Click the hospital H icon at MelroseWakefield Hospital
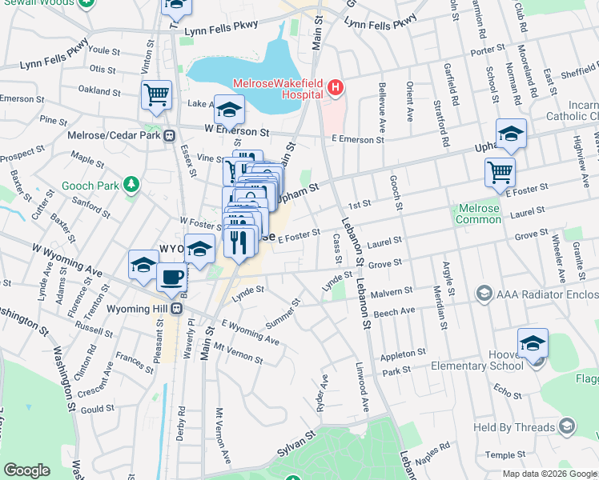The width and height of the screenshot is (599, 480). pyautogui.click(x=336, y=86)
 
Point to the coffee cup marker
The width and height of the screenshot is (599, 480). pyautogui.click(x=171, y=279)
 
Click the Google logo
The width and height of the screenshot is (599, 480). pyautogui.click(x=28, y=470)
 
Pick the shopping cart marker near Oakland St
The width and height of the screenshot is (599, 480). pyautogui.click(x=157, y=94)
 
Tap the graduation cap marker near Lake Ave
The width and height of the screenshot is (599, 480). pyautogui.click(x=229, y=108)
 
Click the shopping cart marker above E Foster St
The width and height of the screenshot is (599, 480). pyautogui.click(x=500, y=171)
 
